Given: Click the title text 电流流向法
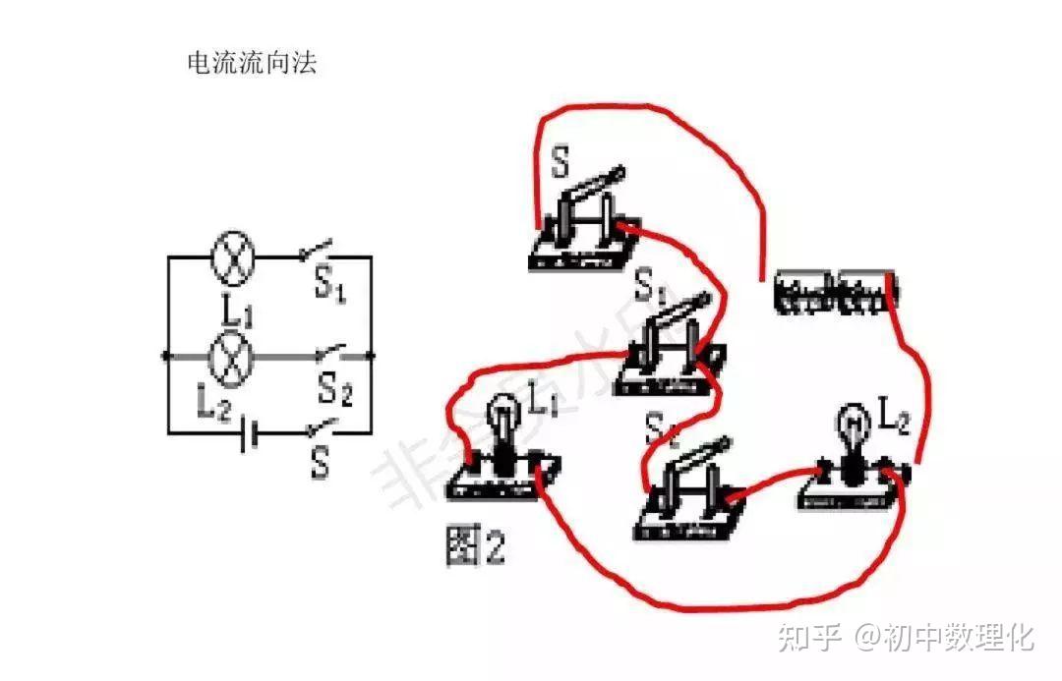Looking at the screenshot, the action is coord(252,65).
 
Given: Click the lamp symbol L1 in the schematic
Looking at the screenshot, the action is coord(234,257).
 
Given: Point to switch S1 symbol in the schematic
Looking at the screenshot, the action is coord(317,251).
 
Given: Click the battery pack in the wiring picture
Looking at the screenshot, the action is coord(836,291).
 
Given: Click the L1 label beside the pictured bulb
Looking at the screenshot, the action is coord(543,402).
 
